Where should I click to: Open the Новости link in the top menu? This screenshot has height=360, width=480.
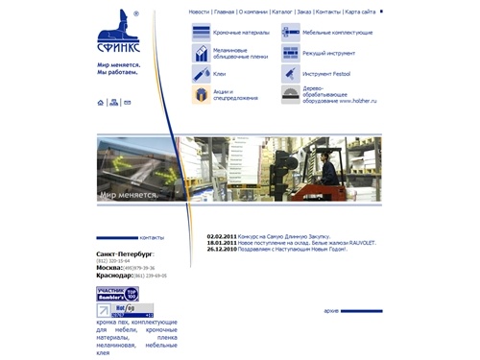[x=199, y=12]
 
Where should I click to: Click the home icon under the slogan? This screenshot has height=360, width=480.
[x=101, y=103]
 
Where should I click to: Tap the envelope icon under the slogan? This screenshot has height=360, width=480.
[x=127, y=103]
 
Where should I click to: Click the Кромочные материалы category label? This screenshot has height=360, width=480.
[x=241, y=32]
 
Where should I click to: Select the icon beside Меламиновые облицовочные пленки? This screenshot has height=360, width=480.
[x=201, y=53]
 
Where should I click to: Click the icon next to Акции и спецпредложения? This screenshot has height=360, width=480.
[x=201, y=95]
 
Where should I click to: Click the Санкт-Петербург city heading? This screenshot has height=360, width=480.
[x=125, y=254]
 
